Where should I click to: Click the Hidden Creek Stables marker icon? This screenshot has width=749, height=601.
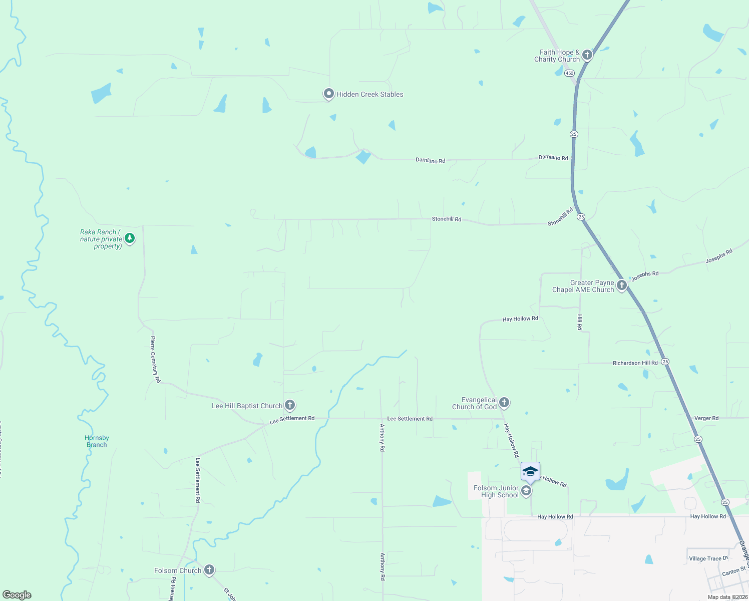328,94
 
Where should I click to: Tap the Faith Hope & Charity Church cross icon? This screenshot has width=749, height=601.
587,55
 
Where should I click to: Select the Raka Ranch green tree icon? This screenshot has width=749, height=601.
130,238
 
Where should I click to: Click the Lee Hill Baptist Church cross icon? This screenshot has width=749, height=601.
289,405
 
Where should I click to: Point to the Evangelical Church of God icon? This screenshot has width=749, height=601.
504,402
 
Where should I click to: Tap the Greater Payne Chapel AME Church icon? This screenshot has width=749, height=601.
621,285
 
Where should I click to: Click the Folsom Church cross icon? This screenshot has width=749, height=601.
209,569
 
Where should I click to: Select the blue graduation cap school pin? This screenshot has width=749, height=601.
530,471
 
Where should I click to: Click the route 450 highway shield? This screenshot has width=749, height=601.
570,73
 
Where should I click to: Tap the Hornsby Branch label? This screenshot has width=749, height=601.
97,441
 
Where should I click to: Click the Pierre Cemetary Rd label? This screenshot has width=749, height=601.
155,360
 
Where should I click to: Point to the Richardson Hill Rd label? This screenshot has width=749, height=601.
635,363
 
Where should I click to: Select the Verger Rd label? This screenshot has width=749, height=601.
706,418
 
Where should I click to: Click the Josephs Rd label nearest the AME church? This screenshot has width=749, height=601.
645,276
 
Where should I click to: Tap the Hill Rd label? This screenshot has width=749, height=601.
580,322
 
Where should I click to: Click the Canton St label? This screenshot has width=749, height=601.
734,571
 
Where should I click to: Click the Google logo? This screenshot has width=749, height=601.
17,595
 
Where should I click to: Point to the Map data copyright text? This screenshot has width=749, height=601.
727,597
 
